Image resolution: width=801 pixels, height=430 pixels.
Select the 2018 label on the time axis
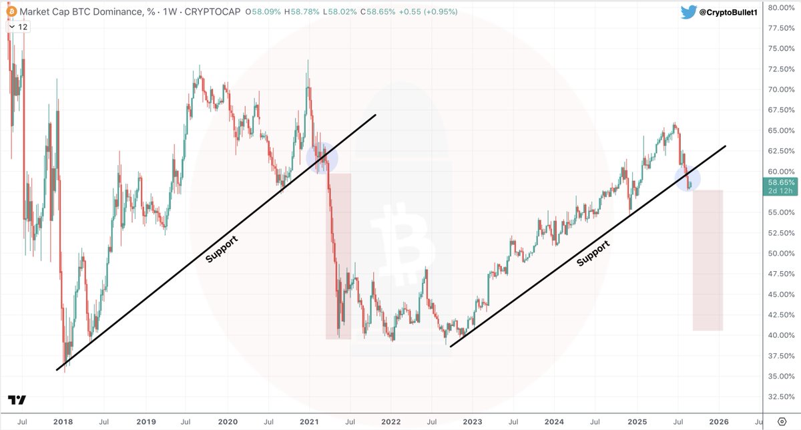62,423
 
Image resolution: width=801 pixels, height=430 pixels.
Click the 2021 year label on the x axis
308,423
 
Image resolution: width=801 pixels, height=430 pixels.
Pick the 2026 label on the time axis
720,423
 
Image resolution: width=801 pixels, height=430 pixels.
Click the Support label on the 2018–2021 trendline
222,248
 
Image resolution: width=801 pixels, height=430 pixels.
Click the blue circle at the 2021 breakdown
322,158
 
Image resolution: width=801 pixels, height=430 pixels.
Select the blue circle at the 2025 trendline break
688,178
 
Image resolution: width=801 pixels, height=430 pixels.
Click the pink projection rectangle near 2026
708,260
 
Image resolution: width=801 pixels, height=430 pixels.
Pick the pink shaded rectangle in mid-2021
338,256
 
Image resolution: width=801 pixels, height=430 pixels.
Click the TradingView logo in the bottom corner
17,400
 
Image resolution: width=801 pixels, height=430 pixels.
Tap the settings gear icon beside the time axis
782,423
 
